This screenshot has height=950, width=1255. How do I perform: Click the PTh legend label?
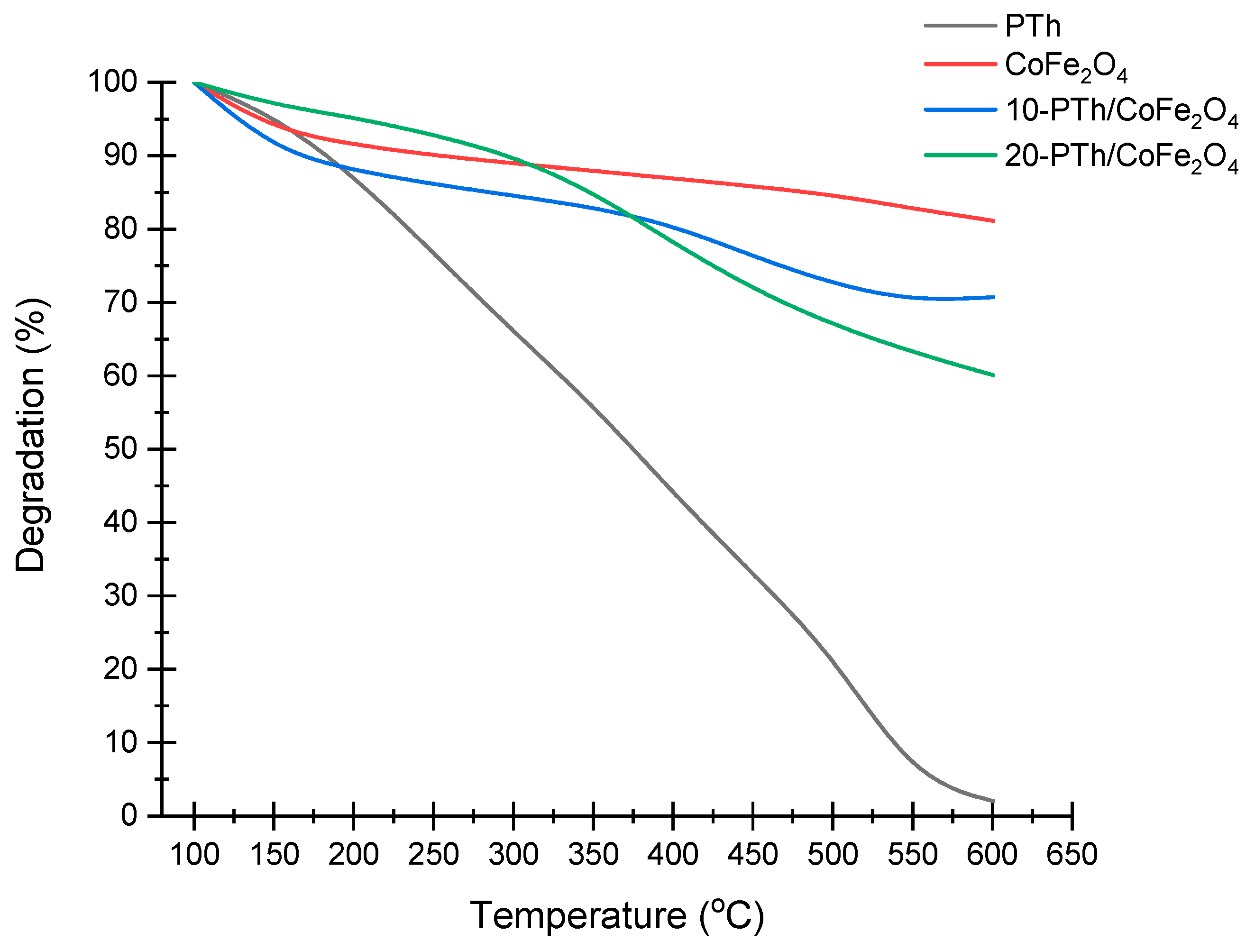coord(1032,26)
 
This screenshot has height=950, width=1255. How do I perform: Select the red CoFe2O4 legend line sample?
coord(960,64)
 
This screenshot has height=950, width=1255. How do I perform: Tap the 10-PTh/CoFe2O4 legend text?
coord(1120,110)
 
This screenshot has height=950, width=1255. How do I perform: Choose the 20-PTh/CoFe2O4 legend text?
coord(1120,156)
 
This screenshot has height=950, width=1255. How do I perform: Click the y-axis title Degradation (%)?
coord(31,435)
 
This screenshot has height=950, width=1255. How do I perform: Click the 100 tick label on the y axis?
coord(113,82)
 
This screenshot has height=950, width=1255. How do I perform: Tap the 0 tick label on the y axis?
coord(129,815)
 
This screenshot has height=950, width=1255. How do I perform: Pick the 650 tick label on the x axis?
coord(1071,854)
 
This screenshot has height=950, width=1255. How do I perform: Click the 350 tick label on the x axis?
coord(593,854)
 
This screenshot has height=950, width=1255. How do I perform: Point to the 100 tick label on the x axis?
coord(194,854)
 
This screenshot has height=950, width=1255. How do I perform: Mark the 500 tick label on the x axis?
coord(832,854)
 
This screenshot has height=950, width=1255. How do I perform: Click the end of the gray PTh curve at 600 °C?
coord(993,801)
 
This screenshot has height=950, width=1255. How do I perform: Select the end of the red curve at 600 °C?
coord(993,220)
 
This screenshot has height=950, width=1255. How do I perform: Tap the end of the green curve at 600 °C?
coord(993,375)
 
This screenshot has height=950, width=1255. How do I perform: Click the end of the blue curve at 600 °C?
coord(993,297)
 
